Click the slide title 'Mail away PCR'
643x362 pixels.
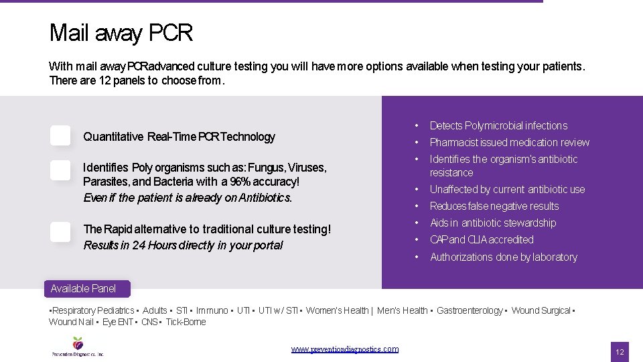121,33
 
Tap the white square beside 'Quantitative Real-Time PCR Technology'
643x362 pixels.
60,135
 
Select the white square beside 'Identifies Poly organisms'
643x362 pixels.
60,170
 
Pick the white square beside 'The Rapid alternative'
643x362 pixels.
60,232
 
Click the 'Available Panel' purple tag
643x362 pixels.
83,289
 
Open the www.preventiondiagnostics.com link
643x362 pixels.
345,349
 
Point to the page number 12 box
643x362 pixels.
620,352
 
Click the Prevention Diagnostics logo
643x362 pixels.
78,346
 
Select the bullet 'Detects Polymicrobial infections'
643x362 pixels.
498,126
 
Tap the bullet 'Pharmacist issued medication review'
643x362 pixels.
509,143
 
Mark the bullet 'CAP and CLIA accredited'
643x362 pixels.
482,240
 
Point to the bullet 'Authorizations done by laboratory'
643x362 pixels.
503,257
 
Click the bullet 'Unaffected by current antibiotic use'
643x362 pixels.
507,190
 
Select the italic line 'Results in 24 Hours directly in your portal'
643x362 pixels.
183,245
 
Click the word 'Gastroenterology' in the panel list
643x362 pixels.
469,310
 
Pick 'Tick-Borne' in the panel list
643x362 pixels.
186,322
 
